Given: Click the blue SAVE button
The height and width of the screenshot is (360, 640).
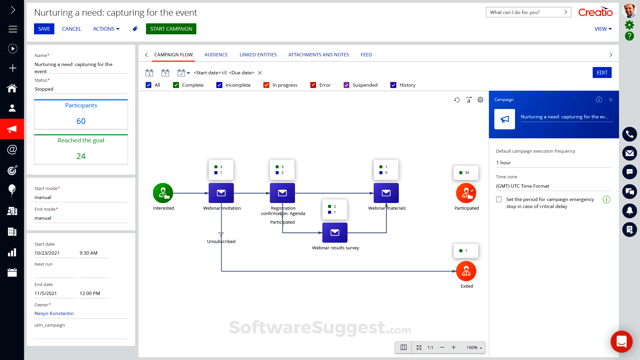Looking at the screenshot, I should [44, 29].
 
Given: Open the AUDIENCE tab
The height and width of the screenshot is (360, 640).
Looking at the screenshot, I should [216, 55].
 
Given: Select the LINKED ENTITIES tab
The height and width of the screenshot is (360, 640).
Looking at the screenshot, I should [258, 55].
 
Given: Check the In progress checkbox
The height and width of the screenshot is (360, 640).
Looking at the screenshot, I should [266, 85].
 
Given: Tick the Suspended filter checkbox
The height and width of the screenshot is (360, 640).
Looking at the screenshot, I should [347, 85].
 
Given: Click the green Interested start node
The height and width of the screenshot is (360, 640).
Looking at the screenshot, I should [163, 193].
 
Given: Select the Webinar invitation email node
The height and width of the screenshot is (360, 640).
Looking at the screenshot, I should [221, 193].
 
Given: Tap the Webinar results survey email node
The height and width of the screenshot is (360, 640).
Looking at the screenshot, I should [335, 233].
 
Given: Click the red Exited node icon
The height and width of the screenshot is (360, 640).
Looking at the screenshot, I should [466, 271].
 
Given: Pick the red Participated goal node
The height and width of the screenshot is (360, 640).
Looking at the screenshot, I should [466, 193].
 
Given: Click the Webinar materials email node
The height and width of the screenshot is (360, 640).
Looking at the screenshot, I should [386, 193].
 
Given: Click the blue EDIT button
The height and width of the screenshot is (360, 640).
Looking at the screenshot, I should [602, 73].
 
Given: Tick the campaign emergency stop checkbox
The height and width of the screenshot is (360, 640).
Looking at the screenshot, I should [499, 199].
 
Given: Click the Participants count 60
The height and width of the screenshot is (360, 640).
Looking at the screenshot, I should [81, 121].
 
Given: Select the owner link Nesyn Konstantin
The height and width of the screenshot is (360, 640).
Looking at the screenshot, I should [54, 313].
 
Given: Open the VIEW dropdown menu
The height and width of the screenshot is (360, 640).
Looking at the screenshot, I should [603, 29].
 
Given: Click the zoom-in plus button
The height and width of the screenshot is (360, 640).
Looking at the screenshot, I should [454, 347].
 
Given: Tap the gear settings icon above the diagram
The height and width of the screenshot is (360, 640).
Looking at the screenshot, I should [480, 100].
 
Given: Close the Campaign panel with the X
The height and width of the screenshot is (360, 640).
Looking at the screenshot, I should [611, 100].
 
